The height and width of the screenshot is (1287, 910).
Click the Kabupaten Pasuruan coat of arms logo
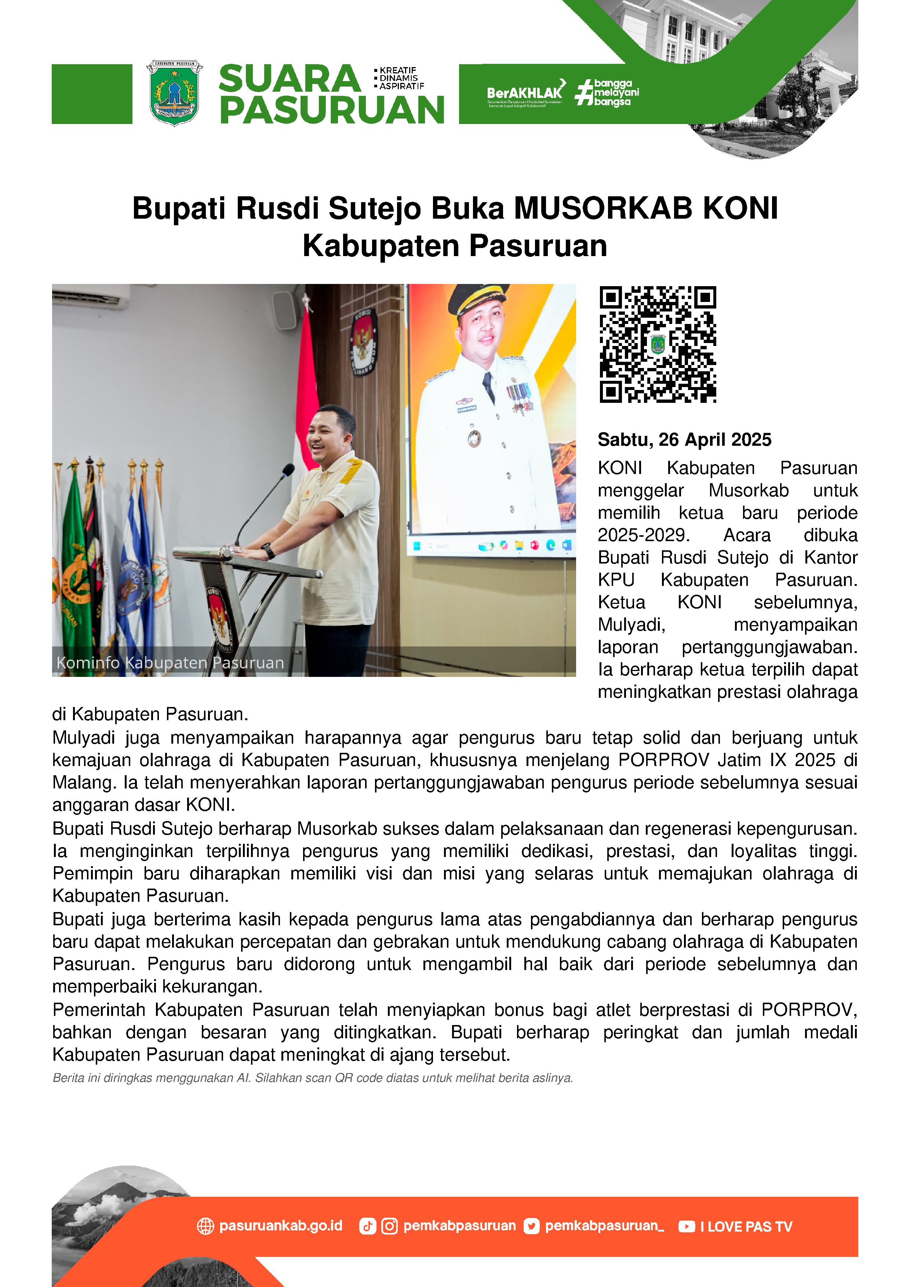(174, 93)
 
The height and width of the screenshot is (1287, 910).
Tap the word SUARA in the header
(289, 79)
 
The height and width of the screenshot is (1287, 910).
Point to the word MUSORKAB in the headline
(603, 208)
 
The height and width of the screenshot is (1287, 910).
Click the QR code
(657, 344)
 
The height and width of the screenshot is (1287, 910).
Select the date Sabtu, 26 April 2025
(684, 440)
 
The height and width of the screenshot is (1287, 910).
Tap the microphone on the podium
(288, 469)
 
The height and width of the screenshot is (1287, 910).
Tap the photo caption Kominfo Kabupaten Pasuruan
(170, 663)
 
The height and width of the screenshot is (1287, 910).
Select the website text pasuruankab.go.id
(280, 1225)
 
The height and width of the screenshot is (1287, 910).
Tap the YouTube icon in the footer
(686, 1226)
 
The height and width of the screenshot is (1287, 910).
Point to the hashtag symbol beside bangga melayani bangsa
(584, 92)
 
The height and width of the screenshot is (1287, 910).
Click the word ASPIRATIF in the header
(401, 86)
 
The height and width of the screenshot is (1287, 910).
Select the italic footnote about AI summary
(312, 1078)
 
